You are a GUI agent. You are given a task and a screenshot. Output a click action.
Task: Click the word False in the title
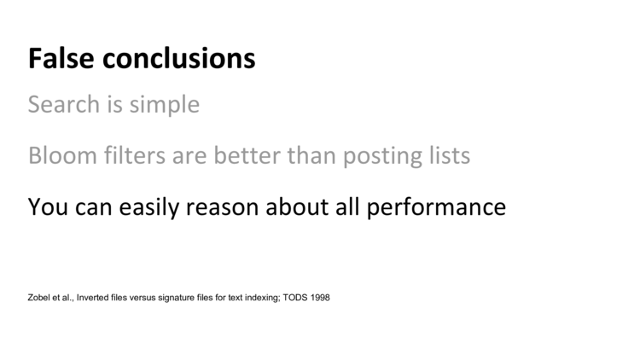(61, 58)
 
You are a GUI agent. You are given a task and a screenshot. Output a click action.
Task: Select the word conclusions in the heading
(179, 58)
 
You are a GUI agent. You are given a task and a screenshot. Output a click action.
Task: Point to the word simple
(165, 105)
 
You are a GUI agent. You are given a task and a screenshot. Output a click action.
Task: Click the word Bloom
(62, 155)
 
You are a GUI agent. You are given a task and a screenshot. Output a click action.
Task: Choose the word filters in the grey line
(135, 155)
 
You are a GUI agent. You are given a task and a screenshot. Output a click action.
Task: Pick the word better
(247, 155)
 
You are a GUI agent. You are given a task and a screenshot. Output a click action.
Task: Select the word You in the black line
(48, 206)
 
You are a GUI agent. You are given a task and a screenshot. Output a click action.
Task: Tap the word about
(297, 206)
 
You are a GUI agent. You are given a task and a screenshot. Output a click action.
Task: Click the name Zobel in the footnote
(38, 298)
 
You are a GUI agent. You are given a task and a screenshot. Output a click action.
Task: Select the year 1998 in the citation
(320, 298)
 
